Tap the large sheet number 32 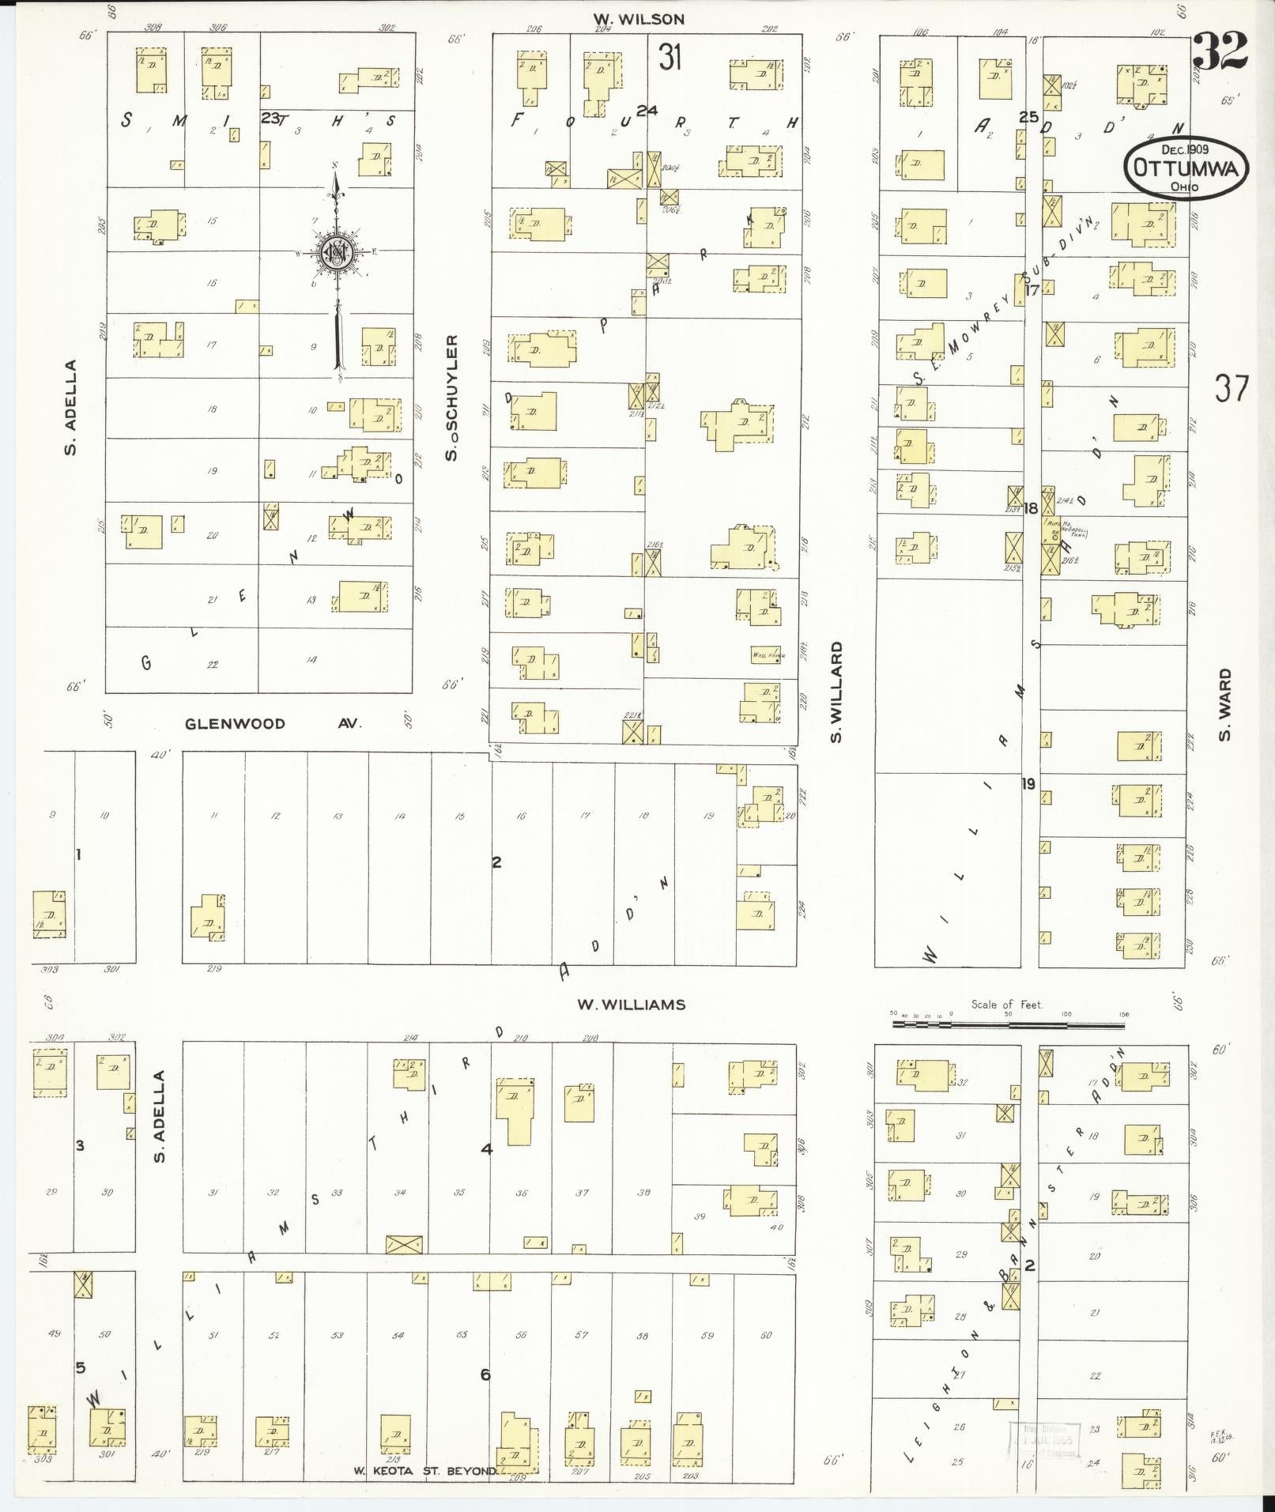pyautogui.click(x=1220, y=51)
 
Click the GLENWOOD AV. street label pyautogui.click(x=273, y=723)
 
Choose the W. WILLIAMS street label pyautogui.click(x=631, y=1005)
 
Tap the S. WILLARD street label pyautogui.click(x=836, y=692)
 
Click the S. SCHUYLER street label pyautogui.click(x=451, y=397)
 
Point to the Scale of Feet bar pyautogui.click(x=1008, y=1025)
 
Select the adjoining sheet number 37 pyautogui.click(x=1232, y=389)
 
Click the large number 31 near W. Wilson pyautogui.click(x=670, y=58)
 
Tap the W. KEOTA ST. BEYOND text pyautogui.click(x=424, y=1471)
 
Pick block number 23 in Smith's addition pyautogui.click(x=270, y=118)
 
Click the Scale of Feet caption pyautogui.click(x=1007, y=1005)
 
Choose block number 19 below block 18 pyautogui.click(x=1028, y=784)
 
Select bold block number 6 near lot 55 pyautogui.click(x=485, y=1374)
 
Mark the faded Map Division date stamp pyautogui.click(x=1046, y=1442)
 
